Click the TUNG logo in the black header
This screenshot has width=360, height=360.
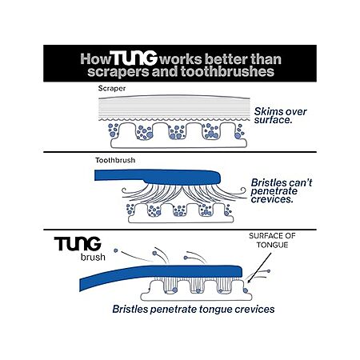click(134, 58)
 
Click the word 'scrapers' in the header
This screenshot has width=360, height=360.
click(118, 72)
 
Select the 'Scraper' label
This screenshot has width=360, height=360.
click(112, 88)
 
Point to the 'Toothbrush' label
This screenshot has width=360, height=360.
click(115, 160)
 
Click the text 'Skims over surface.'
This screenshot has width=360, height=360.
click(280, 116)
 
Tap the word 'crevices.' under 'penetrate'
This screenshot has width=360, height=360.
click(272, 199)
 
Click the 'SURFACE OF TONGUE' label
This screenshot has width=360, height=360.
click(272, 240)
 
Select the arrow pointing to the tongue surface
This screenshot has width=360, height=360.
click(259, 267)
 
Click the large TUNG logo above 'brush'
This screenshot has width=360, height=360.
click(78, 244)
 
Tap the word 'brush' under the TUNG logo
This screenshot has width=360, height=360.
click(93, 257)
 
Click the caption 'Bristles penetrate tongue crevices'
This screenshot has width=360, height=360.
click(194, 310)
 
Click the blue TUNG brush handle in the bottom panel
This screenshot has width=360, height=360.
click(161, 274)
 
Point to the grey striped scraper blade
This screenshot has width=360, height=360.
click(174, 108)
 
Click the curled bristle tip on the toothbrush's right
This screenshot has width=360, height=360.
click(243, 190)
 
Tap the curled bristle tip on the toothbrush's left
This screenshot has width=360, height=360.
click(124, 190)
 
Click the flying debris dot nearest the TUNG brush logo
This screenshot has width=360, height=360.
click(116, 250)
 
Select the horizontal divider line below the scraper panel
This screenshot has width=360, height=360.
click(180, 152)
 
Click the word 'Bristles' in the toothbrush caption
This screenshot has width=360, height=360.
click(269, 183)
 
